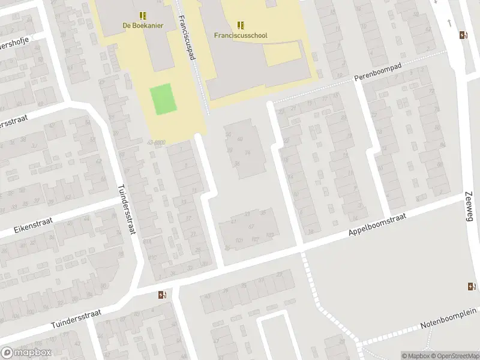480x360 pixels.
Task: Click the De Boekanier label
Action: (x=143, y=25)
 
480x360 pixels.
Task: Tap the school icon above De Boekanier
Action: (x=143, y=16)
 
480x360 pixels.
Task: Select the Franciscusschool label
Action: (x=241, y=35)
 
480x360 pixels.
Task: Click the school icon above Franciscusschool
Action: (x=241, y=25)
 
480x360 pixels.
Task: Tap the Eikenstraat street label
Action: (x=33, y=226)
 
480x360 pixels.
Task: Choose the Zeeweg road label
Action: (x=469, y=207)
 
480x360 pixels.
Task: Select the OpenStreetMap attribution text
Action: (x=455, y=356)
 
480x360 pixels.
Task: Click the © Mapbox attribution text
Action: (x=416, y=356)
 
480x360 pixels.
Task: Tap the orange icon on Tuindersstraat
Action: (x=162, y=295)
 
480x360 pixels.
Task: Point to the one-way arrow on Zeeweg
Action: (x=450, y=23)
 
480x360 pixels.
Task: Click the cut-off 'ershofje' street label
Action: (x=14, y=40)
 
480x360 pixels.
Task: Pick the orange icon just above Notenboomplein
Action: (x=472, y=286)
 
